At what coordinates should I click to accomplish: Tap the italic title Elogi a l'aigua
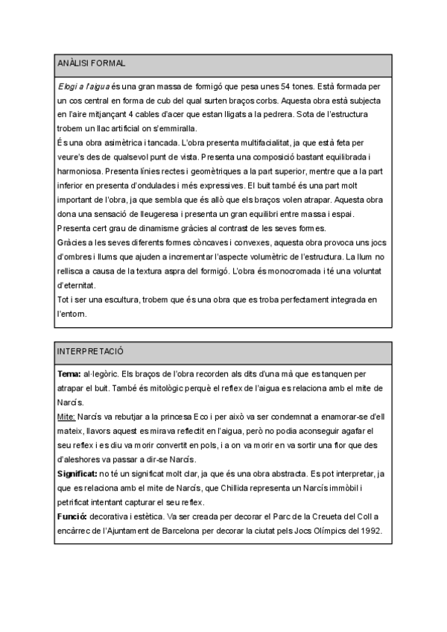point(83,87)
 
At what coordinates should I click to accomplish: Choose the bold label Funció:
point(74,516)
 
